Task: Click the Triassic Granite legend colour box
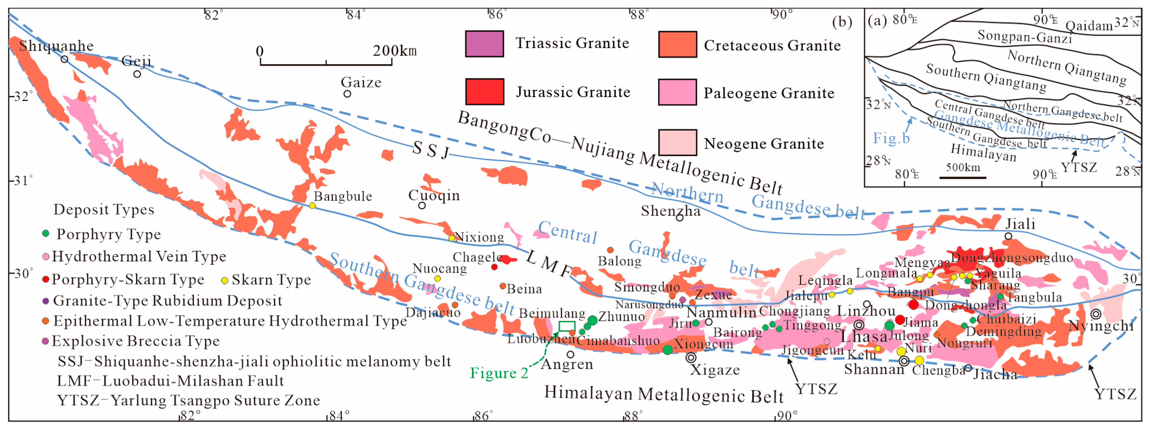tap(484, 44)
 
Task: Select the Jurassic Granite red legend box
tap(484, 92)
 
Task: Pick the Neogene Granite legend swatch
tap(677, 142)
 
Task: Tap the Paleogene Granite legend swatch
tap(677, 92)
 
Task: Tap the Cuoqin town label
tap(434, 195)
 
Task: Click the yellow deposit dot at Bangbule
tap(313, 205)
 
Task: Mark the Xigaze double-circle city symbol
tap(691, 357)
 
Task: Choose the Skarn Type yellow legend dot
tap(225, 280)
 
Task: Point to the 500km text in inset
tap(963, 168)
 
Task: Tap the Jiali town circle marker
tap(1008, 236)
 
